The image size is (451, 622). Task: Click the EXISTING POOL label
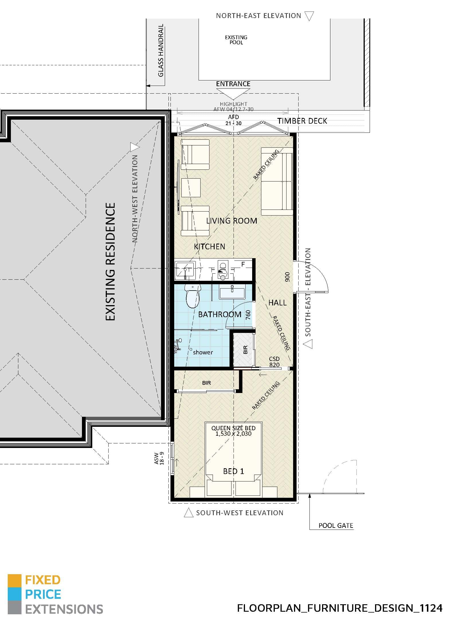236,40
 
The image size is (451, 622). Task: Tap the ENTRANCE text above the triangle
233,84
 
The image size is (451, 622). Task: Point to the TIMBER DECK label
302,121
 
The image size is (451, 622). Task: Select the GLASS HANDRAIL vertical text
161,50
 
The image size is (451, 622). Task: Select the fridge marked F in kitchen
243,264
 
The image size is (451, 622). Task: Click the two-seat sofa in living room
277,181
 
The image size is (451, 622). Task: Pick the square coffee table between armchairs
191,188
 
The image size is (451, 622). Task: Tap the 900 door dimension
288,277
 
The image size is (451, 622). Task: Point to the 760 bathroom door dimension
248,315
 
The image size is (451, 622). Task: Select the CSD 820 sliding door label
274,362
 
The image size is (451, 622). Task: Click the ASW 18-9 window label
159,458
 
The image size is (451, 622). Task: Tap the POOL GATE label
336,526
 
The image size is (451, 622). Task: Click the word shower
203,352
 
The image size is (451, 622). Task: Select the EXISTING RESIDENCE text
111,262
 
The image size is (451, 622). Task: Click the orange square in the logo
14,580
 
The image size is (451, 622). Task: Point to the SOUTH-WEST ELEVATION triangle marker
188,513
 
